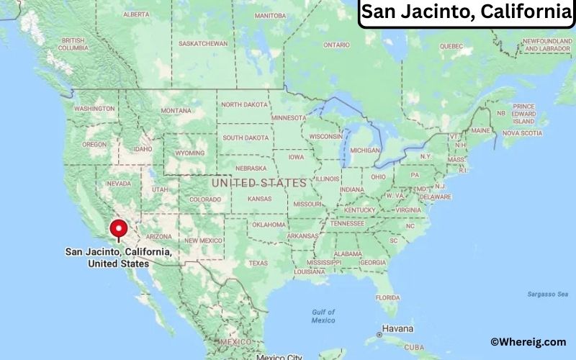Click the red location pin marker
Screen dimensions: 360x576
point(118,230)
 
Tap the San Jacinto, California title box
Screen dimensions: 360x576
point(466,13)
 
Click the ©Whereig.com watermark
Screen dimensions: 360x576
point(528,342)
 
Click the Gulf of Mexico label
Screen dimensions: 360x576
point(324,315)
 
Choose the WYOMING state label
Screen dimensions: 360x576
point(190,153)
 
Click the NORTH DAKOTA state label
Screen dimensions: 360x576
point(244,104)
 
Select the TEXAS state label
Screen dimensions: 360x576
point(258,263)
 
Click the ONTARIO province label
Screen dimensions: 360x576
point(336,45)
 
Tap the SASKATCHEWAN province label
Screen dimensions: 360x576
point(203,43)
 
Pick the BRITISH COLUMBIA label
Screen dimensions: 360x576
point(73,44)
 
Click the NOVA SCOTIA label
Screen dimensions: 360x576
point(521,133)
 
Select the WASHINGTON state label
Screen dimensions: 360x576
point(94,108)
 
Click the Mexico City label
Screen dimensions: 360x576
point(280,356)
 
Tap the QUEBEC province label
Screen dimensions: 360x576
point(451,45)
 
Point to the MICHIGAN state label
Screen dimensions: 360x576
point(365,150)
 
